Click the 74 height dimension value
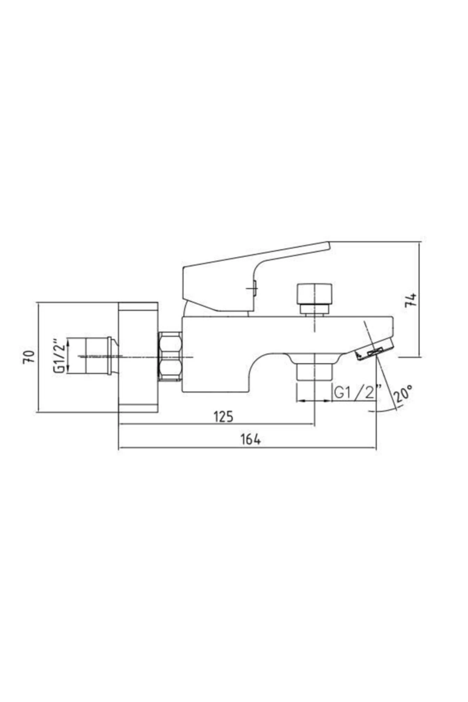click(x=411, y=300)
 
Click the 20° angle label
click(x=402, y=394)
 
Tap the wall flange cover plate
click(x=138, y=357)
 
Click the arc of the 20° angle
click(x=384, y=411)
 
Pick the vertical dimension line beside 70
click(x=39, y=356)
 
